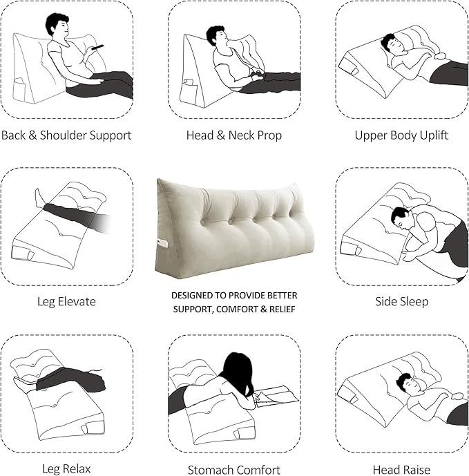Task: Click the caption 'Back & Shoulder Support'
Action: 66,135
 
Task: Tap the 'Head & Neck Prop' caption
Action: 234,135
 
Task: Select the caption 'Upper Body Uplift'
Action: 401,135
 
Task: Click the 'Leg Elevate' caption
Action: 66,301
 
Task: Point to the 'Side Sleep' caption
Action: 401,301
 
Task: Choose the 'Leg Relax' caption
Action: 66,469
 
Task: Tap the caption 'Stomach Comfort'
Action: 234,469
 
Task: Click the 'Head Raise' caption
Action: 401,469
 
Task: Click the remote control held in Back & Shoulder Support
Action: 99,47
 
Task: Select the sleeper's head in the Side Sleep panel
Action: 401,217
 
